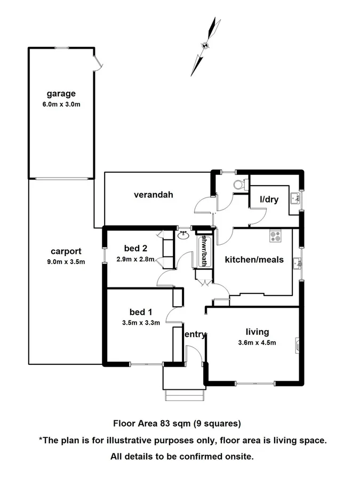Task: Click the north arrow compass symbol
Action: pyautogui.click(x=205, y=46)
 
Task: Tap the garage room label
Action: pyautogui.click(x=61, y=94)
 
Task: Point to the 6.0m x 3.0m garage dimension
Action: pyautogui.click(x=61, y=104)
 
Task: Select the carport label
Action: pyautogui.click(x=66, y=251)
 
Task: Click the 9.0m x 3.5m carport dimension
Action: pyautogui.click(x=66, y=261)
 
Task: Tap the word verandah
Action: pyautogui.click(x=154, y=195)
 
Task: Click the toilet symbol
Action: pyautogui.click(x=240, y=183)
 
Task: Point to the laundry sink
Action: pyautogui.click(x=294, y=198)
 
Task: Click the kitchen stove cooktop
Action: pyautogui.click(x=275, y=236)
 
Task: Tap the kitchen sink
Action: pyautogui.click(x=297, y=262)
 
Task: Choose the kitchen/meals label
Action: pyautogui.click(x=254, y=260)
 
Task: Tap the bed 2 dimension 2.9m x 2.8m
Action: pyautogui.click(x=135, y=260)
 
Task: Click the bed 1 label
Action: pyautogui.click(x=140, y=312)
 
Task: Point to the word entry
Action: pyautogui.click(x=195, y=334)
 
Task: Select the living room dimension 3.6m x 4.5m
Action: pyautogui.click(x=257, y=343)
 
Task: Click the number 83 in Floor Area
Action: pyautogui.click(x=165, y=424)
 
